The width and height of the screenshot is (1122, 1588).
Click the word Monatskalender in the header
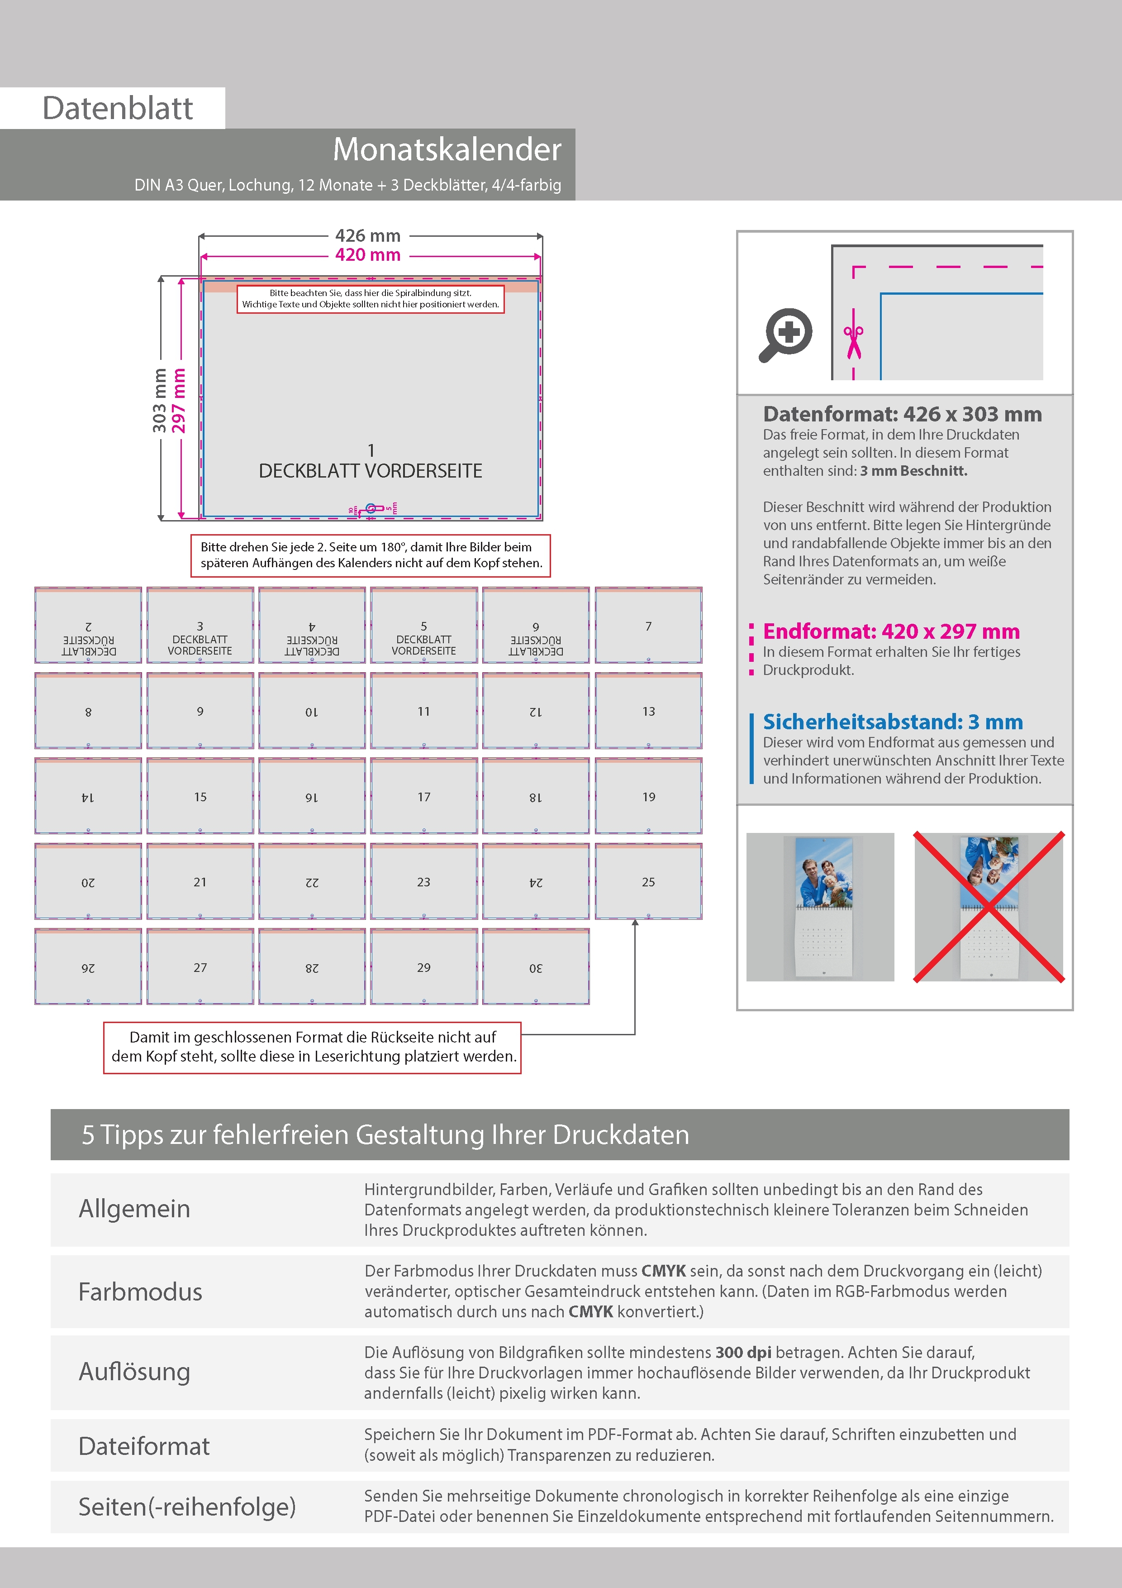tap(447, 149)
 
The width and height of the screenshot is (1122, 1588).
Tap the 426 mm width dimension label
tap(368, 236)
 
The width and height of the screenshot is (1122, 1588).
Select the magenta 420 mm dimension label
tap(368, 255)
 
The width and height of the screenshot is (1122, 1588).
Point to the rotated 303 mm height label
tap(160, 401)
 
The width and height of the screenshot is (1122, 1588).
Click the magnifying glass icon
tap(786, 335)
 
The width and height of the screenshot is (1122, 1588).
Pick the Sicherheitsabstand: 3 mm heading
tap(893, 722)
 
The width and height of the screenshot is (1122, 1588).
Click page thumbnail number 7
tap(648, 626)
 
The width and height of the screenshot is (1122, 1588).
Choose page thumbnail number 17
tap(424, 797)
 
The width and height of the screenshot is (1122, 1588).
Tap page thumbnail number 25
tap(648, 882)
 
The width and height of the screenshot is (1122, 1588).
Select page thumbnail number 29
tap(424, 967)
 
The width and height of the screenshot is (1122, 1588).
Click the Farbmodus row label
tap(140, 1292)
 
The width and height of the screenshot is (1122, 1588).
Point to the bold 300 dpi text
tap(743, 1352)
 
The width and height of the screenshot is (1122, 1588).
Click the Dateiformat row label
tap(144, 1446)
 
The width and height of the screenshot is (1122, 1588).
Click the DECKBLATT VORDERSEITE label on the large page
tap(371, 471)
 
